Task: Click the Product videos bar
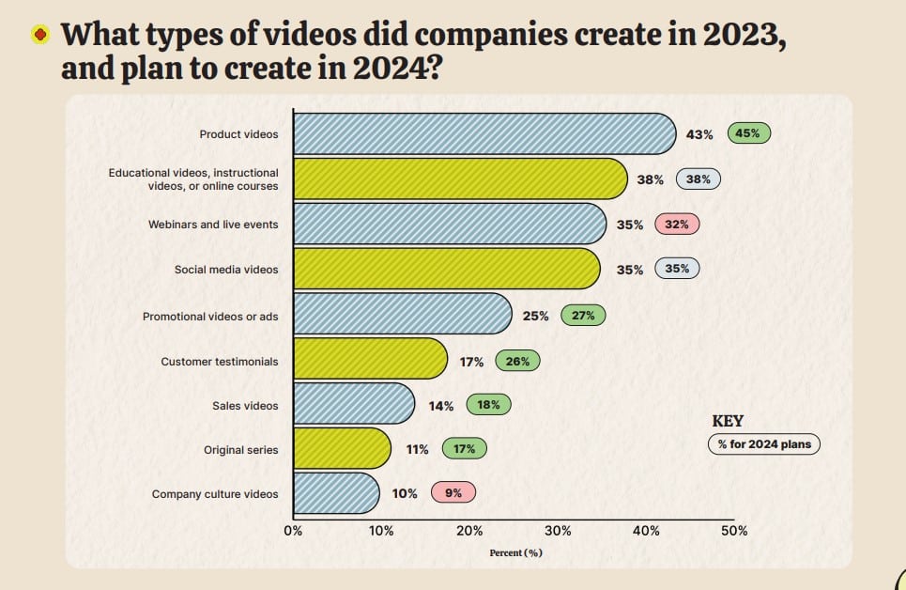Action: pos(484,133)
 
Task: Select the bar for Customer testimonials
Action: pos(370,359)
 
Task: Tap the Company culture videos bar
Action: pos(336,493)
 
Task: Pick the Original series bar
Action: pos(342,448)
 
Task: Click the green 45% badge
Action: pos(748,133)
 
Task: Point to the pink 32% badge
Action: pos(677,224)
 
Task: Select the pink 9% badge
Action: pos(453,492)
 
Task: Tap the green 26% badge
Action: pos(517,361)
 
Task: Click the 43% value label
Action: pos(699,134)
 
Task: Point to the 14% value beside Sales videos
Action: pos(441,406)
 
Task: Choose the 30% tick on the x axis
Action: pos(558,531)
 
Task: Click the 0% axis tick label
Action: pos(293,531)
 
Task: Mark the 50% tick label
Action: pos(734,531)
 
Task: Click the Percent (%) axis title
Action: pos(516,553)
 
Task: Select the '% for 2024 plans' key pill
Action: pos(764,443)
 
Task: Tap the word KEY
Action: pos(728,421)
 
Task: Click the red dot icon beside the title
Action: pos(39,35)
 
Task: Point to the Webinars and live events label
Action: pos(213,225)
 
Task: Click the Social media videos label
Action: pos(226,270)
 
